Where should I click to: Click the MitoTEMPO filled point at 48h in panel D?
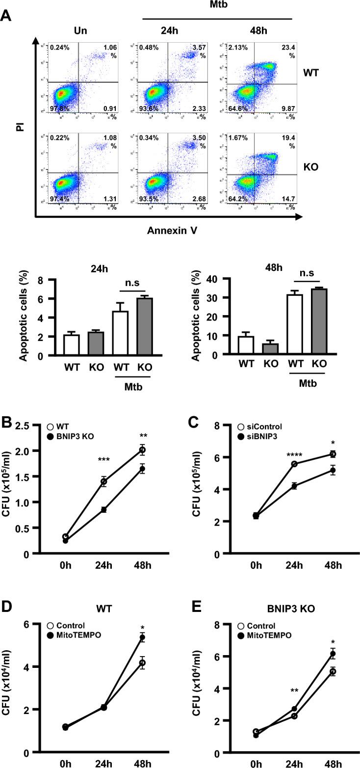click(x=143, y=638)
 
